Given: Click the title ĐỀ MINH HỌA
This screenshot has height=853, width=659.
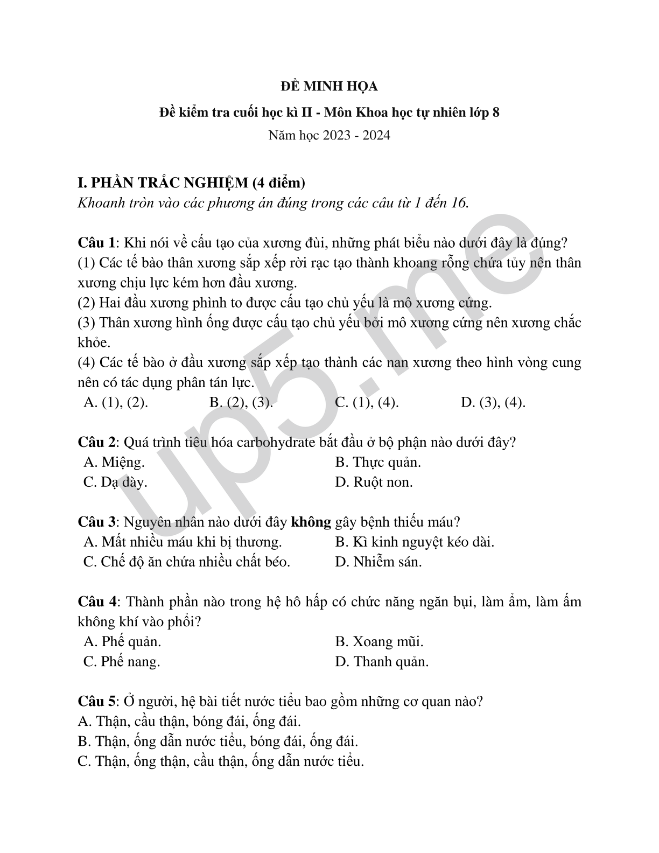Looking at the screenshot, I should [x=329, y=86].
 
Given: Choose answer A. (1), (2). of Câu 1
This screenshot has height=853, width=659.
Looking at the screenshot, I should [x=116, y=402].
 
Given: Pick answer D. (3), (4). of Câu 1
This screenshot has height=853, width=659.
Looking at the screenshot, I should [x=493, y=402].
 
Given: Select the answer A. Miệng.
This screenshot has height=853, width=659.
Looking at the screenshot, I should [x=114, y=462].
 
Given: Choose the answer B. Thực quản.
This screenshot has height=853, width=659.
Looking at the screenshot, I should [x=377, y=462].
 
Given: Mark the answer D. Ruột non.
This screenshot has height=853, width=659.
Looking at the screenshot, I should [x=374, y=482].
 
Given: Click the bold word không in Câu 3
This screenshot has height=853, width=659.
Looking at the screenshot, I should [x=311, y=522].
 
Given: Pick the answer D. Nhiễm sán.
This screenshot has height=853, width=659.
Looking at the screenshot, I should [x=378, y=562].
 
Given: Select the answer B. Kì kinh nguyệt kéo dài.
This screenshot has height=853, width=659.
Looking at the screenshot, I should [x=414, y=542].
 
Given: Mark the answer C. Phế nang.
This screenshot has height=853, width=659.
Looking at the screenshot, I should [x=122, y=661].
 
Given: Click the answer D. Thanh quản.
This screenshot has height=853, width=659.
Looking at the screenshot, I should [x=382, y=661].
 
